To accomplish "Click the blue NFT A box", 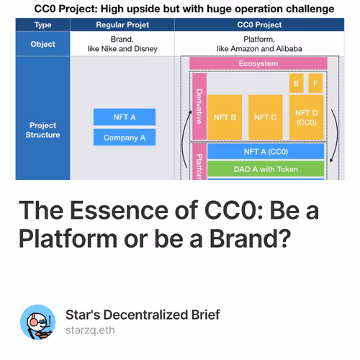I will coord(124,117).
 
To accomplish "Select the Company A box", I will coord(124,138).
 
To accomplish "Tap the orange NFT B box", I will coord(225,117).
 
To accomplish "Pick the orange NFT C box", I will coord(266,117).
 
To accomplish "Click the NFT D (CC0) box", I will coord(306,117).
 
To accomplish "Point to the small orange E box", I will coord(295,84).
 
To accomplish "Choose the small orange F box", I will coord(315,84).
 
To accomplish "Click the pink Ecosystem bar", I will coord(257,63).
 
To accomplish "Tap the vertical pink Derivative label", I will coord(199,107).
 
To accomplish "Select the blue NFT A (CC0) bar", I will coord(266,152).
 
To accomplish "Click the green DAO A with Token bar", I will coord(266,170).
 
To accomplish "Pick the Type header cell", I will coord(42,25).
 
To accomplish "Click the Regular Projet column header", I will coord(124,25).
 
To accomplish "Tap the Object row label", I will coord(42,43).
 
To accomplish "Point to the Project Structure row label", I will coord(42,130).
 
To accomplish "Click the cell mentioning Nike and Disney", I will coord(124,43).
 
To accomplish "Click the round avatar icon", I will coord(37,323).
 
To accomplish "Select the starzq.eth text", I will coord(90,330).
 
